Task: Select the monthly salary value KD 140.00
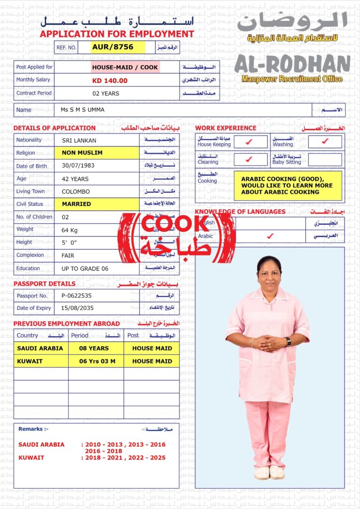click(x=110, y=81)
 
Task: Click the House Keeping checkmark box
click(x=250, y=142)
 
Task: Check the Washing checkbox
click(x=325, y=142)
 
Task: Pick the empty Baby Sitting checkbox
click(x=325, y=160)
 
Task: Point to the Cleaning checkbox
click(x=250, y=160)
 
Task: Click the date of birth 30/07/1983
click(x=78, y=166)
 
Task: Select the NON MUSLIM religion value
click(x=83, y=153)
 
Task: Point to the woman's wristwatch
click(x=288, y=341)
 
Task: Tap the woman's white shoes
click(x=270, y=472)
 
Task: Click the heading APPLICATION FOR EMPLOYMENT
click(x=117, y=34)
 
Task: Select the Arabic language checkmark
click(x=270, y=236)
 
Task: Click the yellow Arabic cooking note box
click(x=287, y=185)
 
